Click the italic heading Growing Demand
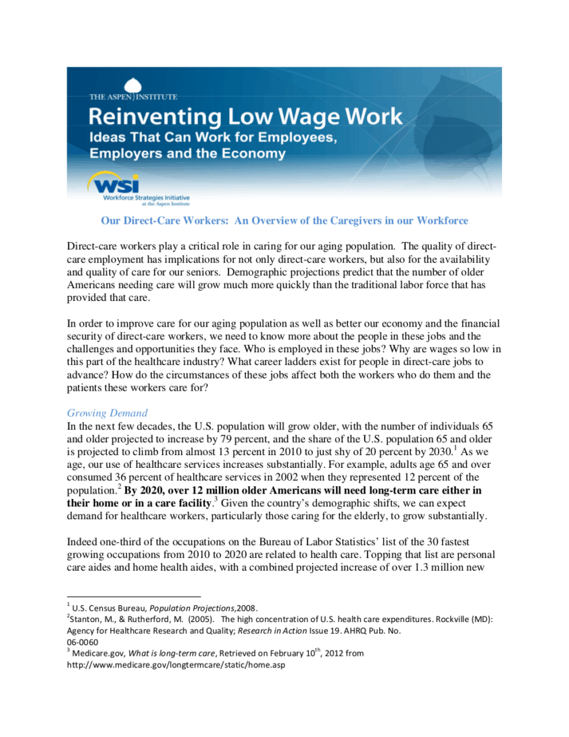coord(107,413)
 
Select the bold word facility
coord(191,502)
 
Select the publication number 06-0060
coord(82,642)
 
